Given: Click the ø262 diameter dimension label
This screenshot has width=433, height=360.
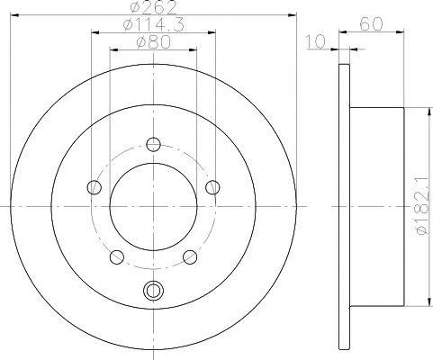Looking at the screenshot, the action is tap(153, 7).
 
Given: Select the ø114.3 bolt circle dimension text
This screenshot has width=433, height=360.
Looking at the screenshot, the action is tap(153, 24).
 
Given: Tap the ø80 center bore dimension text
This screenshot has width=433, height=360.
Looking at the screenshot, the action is tap(153, 42).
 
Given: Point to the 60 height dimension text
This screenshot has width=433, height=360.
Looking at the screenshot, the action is tap(372, 24).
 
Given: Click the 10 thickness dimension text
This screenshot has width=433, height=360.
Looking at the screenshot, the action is tap(316, 41).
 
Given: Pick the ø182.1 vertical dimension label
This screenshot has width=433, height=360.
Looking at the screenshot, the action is tap(422, 206).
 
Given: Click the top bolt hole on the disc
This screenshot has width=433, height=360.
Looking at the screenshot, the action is tap(153, 144).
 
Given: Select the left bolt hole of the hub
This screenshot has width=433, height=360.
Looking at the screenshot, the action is tap(94, 187).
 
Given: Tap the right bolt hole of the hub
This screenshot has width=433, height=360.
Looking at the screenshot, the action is tap(212, 187).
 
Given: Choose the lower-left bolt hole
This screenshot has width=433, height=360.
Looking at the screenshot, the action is tap(117, 257).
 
